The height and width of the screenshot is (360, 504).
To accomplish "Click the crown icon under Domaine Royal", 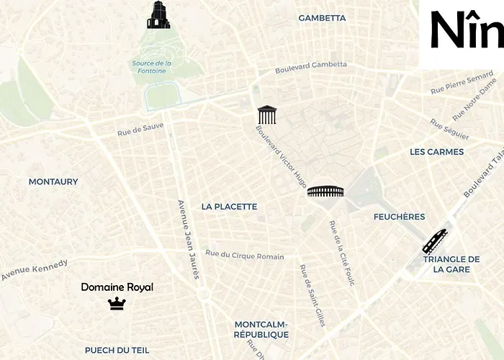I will (x=117, y=304).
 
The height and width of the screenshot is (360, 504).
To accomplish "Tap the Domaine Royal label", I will (x=117, y=287).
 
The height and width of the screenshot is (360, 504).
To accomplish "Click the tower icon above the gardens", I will (x=158, y=15).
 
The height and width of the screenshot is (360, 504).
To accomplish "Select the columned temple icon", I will (x=267, y=114).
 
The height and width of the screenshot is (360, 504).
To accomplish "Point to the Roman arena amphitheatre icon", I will (x=325, y=191).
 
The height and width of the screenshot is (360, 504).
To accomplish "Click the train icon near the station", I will (x=434, y=241).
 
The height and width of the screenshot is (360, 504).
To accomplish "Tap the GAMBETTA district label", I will (x=322, y=18).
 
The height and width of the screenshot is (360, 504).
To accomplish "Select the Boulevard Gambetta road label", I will (x=311, y=68).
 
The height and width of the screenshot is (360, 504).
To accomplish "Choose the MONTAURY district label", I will (x=53, y=182).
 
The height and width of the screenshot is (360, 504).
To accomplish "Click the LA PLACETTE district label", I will (x=229, y=207).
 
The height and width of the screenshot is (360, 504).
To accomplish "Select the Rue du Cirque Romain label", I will (x=245, y=255).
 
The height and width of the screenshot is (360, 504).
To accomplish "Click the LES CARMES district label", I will (x=436, y=152).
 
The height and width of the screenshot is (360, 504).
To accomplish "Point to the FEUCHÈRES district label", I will (x=399, y=217).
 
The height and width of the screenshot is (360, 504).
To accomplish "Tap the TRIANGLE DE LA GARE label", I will (x=451, y=264).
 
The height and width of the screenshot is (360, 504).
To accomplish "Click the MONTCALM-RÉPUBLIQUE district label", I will (x=261, y=329).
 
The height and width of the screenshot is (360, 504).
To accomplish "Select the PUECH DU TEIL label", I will (x=117, y=350).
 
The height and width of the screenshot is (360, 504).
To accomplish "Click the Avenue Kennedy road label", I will (x=34, y=270).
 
